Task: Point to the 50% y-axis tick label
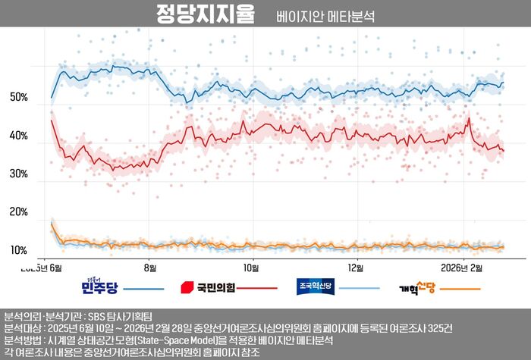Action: point(19,98)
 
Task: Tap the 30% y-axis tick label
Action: point(19,174)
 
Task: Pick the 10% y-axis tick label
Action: point(19,251)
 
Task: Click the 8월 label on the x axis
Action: point(150,268)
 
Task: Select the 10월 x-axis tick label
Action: point(251,268)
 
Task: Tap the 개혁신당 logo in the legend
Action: point(416,289)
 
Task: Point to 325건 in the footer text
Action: point(439,328)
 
